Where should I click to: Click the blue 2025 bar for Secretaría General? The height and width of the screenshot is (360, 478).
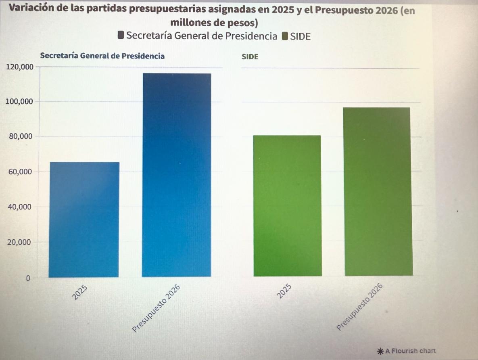(84, 220)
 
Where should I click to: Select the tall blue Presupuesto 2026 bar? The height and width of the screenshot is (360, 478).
(176, 175)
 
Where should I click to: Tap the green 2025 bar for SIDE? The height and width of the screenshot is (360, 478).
(287, 206)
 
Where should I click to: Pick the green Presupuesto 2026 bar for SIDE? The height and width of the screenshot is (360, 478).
(378, 192)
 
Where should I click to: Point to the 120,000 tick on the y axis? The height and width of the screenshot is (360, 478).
(19, 67)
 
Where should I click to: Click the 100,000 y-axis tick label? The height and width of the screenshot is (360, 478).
(19, 101)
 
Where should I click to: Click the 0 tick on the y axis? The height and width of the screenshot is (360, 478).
(28, 278)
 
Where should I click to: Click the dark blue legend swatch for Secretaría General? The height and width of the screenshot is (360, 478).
(121, 36)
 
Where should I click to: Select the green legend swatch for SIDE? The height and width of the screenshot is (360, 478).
(284, 36)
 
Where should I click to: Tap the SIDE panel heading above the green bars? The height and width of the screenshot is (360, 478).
(250, 57)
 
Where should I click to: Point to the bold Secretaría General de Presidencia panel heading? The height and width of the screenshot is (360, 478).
(102, 56)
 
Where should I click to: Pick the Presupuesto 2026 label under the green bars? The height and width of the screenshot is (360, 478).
(359, 308)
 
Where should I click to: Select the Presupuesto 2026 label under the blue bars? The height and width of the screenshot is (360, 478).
(155, 309)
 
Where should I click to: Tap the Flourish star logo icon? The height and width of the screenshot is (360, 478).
(380, 351)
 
